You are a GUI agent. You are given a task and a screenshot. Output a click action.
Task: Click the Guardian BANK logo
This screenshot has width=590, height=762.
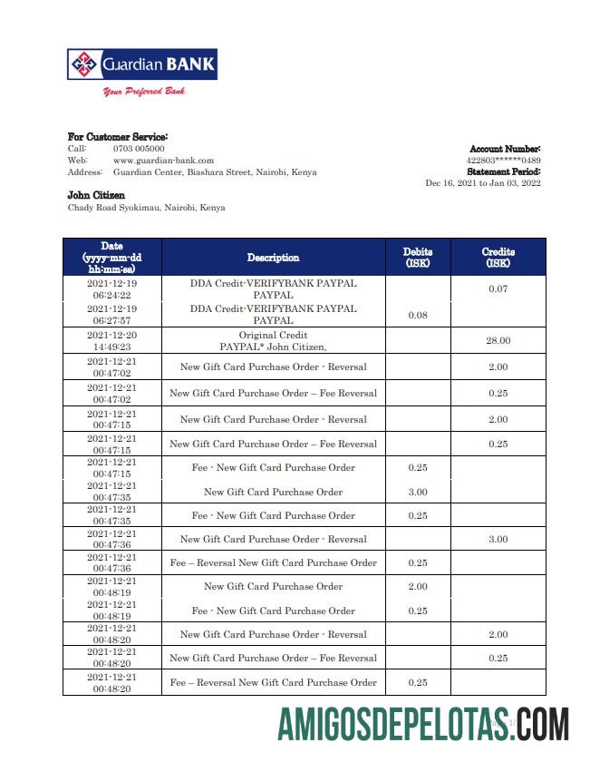[142, 64]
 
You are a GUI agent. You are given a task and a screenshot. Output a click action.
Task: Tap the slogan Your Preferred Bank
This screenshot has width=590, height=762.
[143, 92]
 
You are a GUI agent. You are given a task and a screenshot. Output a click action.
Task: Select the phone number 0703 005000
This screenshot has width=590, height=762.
[139, 148]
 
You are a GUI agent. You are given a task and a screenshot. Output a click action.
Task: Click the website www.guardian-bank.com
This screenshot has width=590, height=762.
[163, 160]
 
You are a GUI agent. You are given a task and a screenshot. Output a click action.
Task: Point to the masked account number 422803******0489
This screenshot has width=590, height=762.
[503, 160]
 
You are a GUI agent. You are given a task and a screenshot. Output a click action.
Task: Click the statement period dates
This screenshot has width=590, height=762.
[482, 182]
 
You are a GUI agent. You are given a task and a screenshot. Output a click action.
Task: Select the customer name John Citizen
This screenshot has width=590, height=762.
[96, 195]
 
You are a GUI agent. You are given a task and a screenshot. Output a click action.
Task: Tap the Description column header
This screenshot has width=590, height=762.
[273, 258]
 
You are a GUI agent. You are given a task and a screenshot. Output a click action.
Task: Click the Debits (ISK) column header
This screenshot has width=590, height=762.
[417, 258]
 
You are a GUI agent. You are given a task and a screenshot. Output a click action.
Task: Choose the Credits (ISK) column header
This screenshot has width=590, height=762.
[498, 258]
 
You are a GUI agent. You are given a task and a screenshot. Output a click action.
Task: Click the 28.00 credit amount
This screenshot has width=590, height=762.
[498, 341]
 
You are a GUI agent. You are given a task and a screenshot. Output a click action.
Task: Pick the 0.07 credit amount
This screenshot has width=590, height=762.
[498, 289]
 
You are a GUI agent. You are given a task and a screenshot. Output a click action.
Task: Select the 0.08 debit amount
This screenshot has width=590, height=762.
[417, 316]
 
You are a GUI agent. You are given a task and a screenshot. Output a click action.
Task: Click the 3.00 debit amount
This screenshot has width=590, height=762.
[417, 492]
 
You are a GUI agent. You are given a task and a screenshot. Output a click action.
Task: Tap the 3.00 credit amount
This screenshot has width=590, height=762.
[498, 539]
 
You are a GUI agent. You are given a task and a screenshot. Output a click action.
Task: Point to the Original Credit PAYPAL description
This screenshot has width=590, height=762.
[273, 341]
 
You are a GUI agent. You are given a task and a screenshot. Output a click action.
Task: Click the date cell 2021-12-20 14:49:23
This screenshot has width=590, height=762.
[111, 341]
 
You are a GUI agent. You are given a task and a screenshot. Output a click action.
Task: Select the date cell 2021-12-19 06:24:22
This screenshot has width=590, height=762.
[111, 289]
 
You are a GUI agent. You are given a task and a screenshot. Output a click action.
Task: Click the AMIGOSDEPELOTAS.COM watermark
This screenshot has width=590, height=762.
[423, 726]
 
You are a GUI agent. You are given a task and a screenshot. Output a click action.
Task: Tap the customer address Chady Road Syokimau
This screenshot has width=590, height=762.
[147, 208]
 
